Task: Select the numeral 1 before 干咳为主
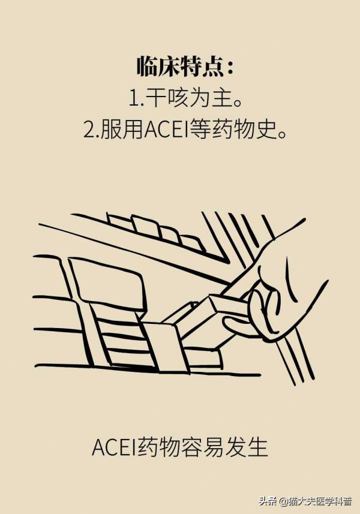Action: click(132, 98)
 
